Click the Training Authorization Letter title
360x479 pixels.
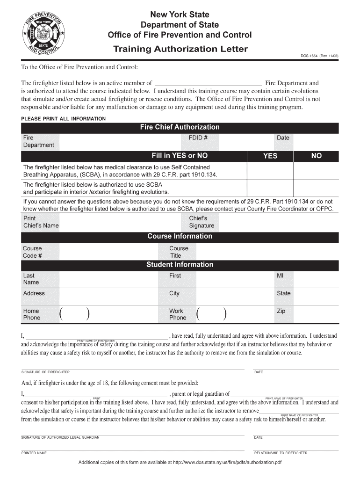pos(180,49)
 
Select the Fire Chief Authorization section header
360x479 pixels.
pos(180,127)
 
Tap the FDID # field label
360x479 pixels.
pos(198,138)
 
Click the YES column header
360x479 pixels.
pos(270,156)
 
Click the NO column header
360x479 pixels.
pos(316,156)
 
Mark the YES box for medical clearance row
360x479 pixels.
pos(270,171)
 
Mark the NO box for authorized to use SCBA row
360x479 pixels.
pos(316,188)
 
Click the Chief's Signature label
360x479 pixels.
pos(202,222)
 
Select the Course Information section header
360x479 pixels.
pos(180,236)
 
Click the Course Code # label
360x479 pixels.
pos(32,252)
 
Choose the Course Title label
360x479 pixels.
pos(179,252)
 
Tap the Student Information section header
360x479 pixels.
pos(180,265)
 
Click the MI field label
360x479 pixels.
pos(280,276)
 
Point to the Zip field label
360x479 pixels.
pos(281,311)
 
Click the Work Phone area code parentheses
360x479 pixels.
pos(212,314)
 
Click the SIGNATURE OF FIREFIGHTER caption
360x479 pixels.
pos(46,372)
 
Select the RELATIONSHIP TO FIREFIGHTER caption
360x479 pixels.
pos(281,453)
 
